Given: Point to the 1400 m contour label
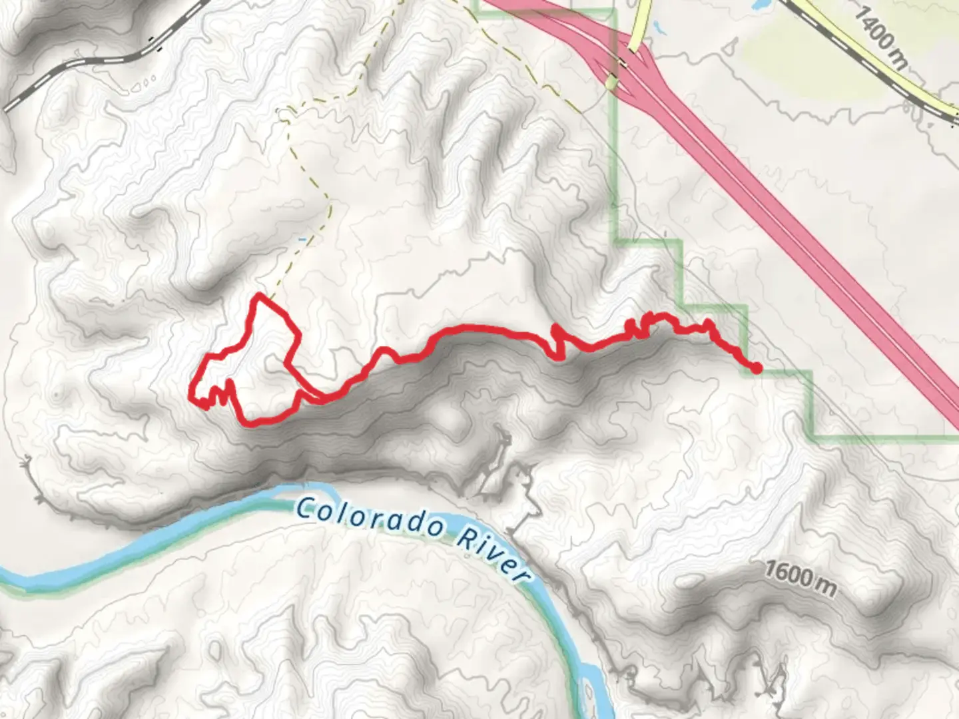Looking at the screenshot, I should pos(880,38).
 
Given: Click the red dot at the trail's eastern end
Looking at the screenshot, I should pos(757,367).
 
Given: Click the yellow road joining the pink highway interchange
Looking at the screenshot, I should pos(643,27).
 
